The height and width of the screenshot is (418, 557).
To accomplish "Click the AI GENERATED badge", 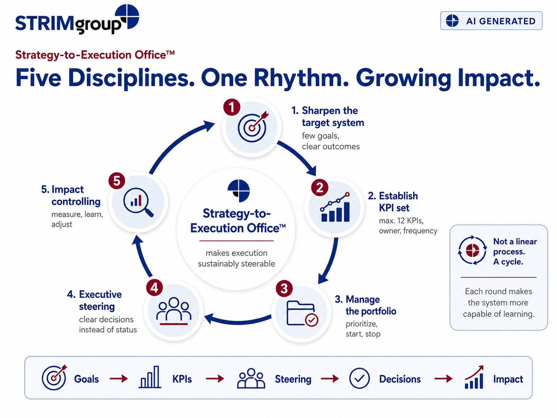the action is (491, 20).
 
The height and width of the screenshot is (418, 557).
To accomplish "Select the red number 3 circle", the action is (284, 289).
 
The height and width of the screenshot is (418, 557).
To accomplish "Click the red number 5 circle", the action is (117, 181).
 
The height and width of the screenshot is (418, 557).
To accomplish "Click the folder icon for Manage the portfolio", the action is (302, 313).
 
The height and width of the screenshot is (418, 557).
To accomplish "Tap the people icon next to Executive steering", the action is (173, 311).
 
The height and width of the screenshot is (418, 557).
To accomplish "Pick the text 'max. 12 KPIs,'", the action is (401, 221).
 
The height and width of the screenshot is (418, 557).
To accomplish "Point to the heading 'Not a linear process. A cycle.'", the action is (515, 251).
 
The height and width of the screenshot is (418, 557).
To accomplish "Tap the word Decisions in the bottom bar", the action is (400, 379).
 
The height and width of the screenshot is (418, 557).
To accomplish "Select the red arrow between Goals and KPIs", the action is (119, 379).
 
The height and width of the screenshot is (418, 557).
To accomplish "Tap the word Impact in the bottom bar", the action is (508, 379).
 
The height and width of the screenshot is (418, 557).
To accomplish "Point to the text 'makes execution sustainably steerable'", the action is (236, 258).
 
